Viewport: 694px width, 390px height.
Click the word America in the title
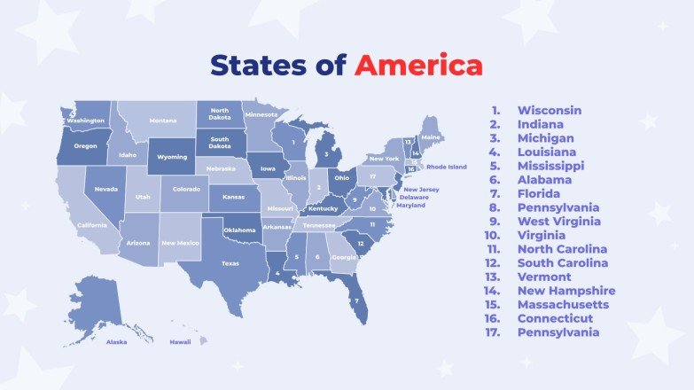(418, 66)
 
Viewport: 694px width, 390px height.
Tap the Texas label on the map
(230, 263)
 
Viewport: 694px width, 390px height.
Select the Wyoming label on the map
(172, 157)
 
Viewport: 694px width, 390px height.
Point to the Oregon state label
(85, 146)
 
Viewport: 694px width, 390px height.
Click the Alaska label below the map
(116, 341)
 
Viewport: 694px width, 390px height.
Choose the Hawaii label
(181, 341)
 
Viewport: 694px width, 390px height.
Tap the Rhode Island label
(446, 167)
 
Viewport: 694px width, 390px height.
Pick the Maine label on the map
(431, 138)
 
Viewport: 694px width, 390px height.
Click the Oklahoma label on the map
(239, 230)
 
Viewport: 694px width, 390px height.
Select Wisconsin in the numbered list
(550, 111)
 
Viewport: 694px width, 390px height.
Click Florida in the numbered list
(539, 193)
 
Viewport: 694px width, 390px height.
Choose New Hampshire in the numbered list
(566, 291)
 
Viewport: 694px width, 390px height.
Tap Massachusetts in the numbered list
(563, 304)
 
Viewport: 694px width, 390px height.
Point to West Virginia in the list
(558, 222)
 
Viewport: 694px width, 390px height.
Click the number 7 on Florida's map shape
(356, 300)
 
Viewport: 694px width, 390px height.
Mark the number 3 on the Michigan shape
(327, 153)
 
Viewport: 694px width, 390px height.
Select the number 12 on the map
(360, 243)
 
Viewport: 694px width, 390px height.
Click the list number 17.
(494, 332)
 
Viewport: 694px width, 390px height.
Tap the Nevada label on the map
(106, 190)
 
